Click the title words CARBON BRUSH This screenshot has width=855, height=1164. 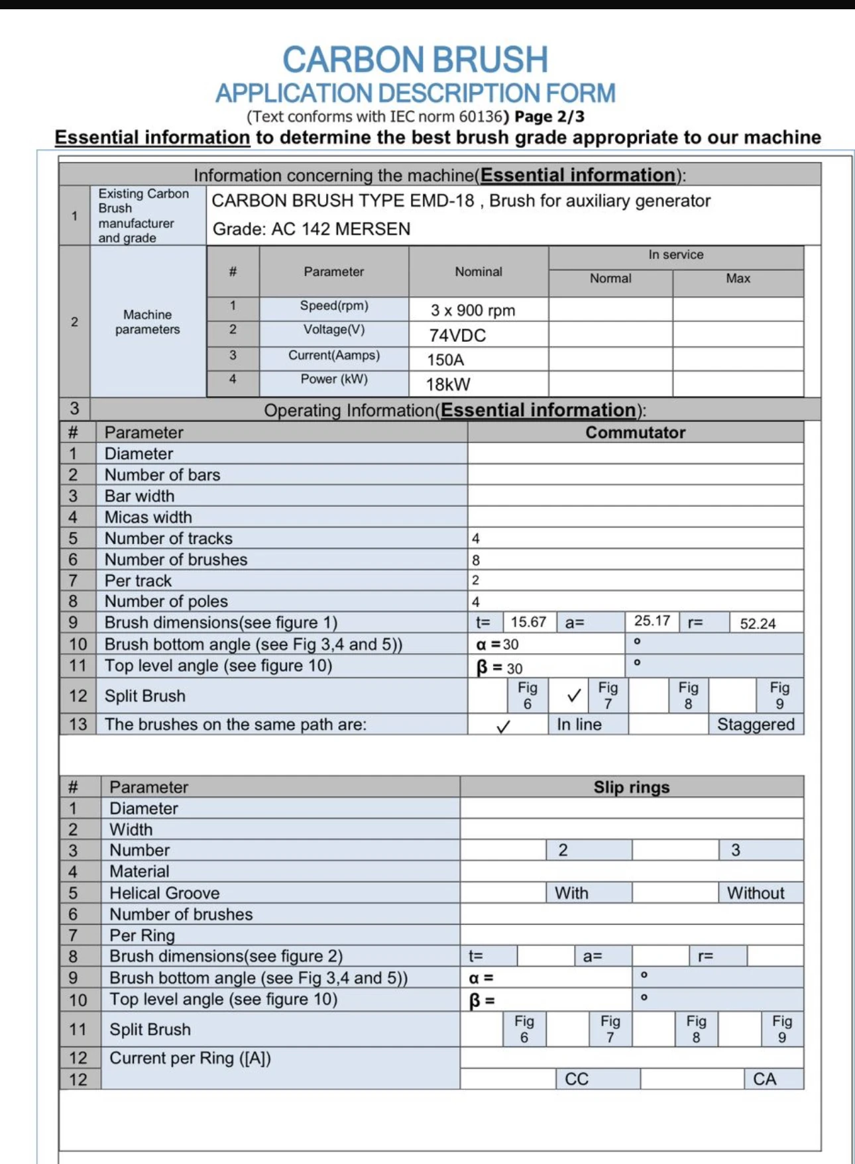[416, 60]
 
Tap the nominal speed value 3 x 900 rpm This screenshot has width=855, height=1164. [473, 310]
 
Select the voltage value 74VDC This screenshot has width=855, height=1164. [457, 335]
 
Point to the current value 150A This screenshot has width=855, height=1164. [445, 360]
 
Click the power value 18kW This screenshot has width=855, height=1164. [448, 384]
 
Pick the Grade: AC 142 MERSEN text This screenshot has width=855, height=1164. [312, 229]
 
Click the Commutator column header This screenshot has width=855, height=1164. [635, 433]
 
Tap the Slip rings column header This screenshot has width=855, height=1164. [631, 787]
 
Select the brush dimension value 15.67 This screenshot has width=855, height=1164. [528, 622]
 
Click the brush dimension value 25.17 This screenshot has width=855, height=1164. [652, 621]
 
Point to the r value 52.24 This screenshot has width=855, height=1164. [758, 623]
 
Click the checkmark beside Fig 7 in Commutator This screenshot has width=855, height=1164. [574, 696]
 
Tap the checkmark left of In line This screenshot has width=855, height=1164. [503, 726]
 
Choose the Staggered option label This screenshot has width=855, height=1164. [756, 725]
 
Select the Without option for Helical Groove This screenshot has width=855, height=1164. [756, 893]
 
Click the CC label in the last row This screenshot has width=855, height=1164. [576, 1079]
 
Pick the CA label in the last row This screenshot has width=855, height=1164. [764, 1079]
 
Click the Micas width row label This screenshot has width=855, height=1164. [148, 517]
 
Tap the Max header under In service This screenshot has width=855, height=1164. [738, 279]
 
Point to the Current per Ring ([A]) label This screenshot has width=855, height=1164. [190, 1058]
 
